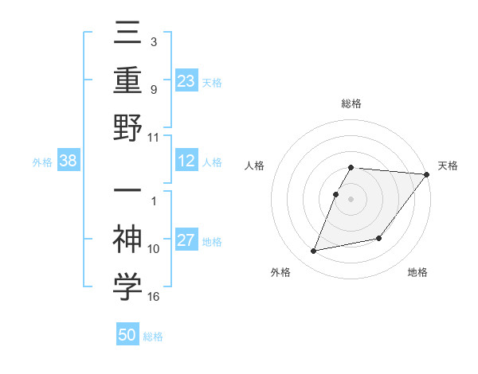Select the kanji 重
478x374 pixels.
[127, 81]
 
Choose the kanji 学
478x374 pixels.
[127, 286]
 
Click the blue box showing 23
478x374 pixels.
[186, 80]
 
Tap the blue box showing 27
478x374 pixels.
[186, 241]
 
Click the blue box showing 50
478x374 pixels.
[127, 335]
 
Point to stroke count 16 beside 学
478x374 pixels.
[153, 296]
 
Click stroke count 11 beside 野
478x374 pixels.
[153, 137]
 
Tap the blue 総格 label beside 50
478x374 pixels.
[153, 337]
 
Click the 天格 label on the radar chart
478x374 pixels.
[448, 166]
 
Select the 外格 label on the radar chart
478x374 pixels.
[280, 272]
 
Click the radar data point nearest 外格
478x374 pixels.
[314, 251]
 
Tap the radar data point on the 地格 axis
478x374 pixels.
[380, 238]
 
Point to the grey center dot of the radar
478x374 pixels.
[351, 198]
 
